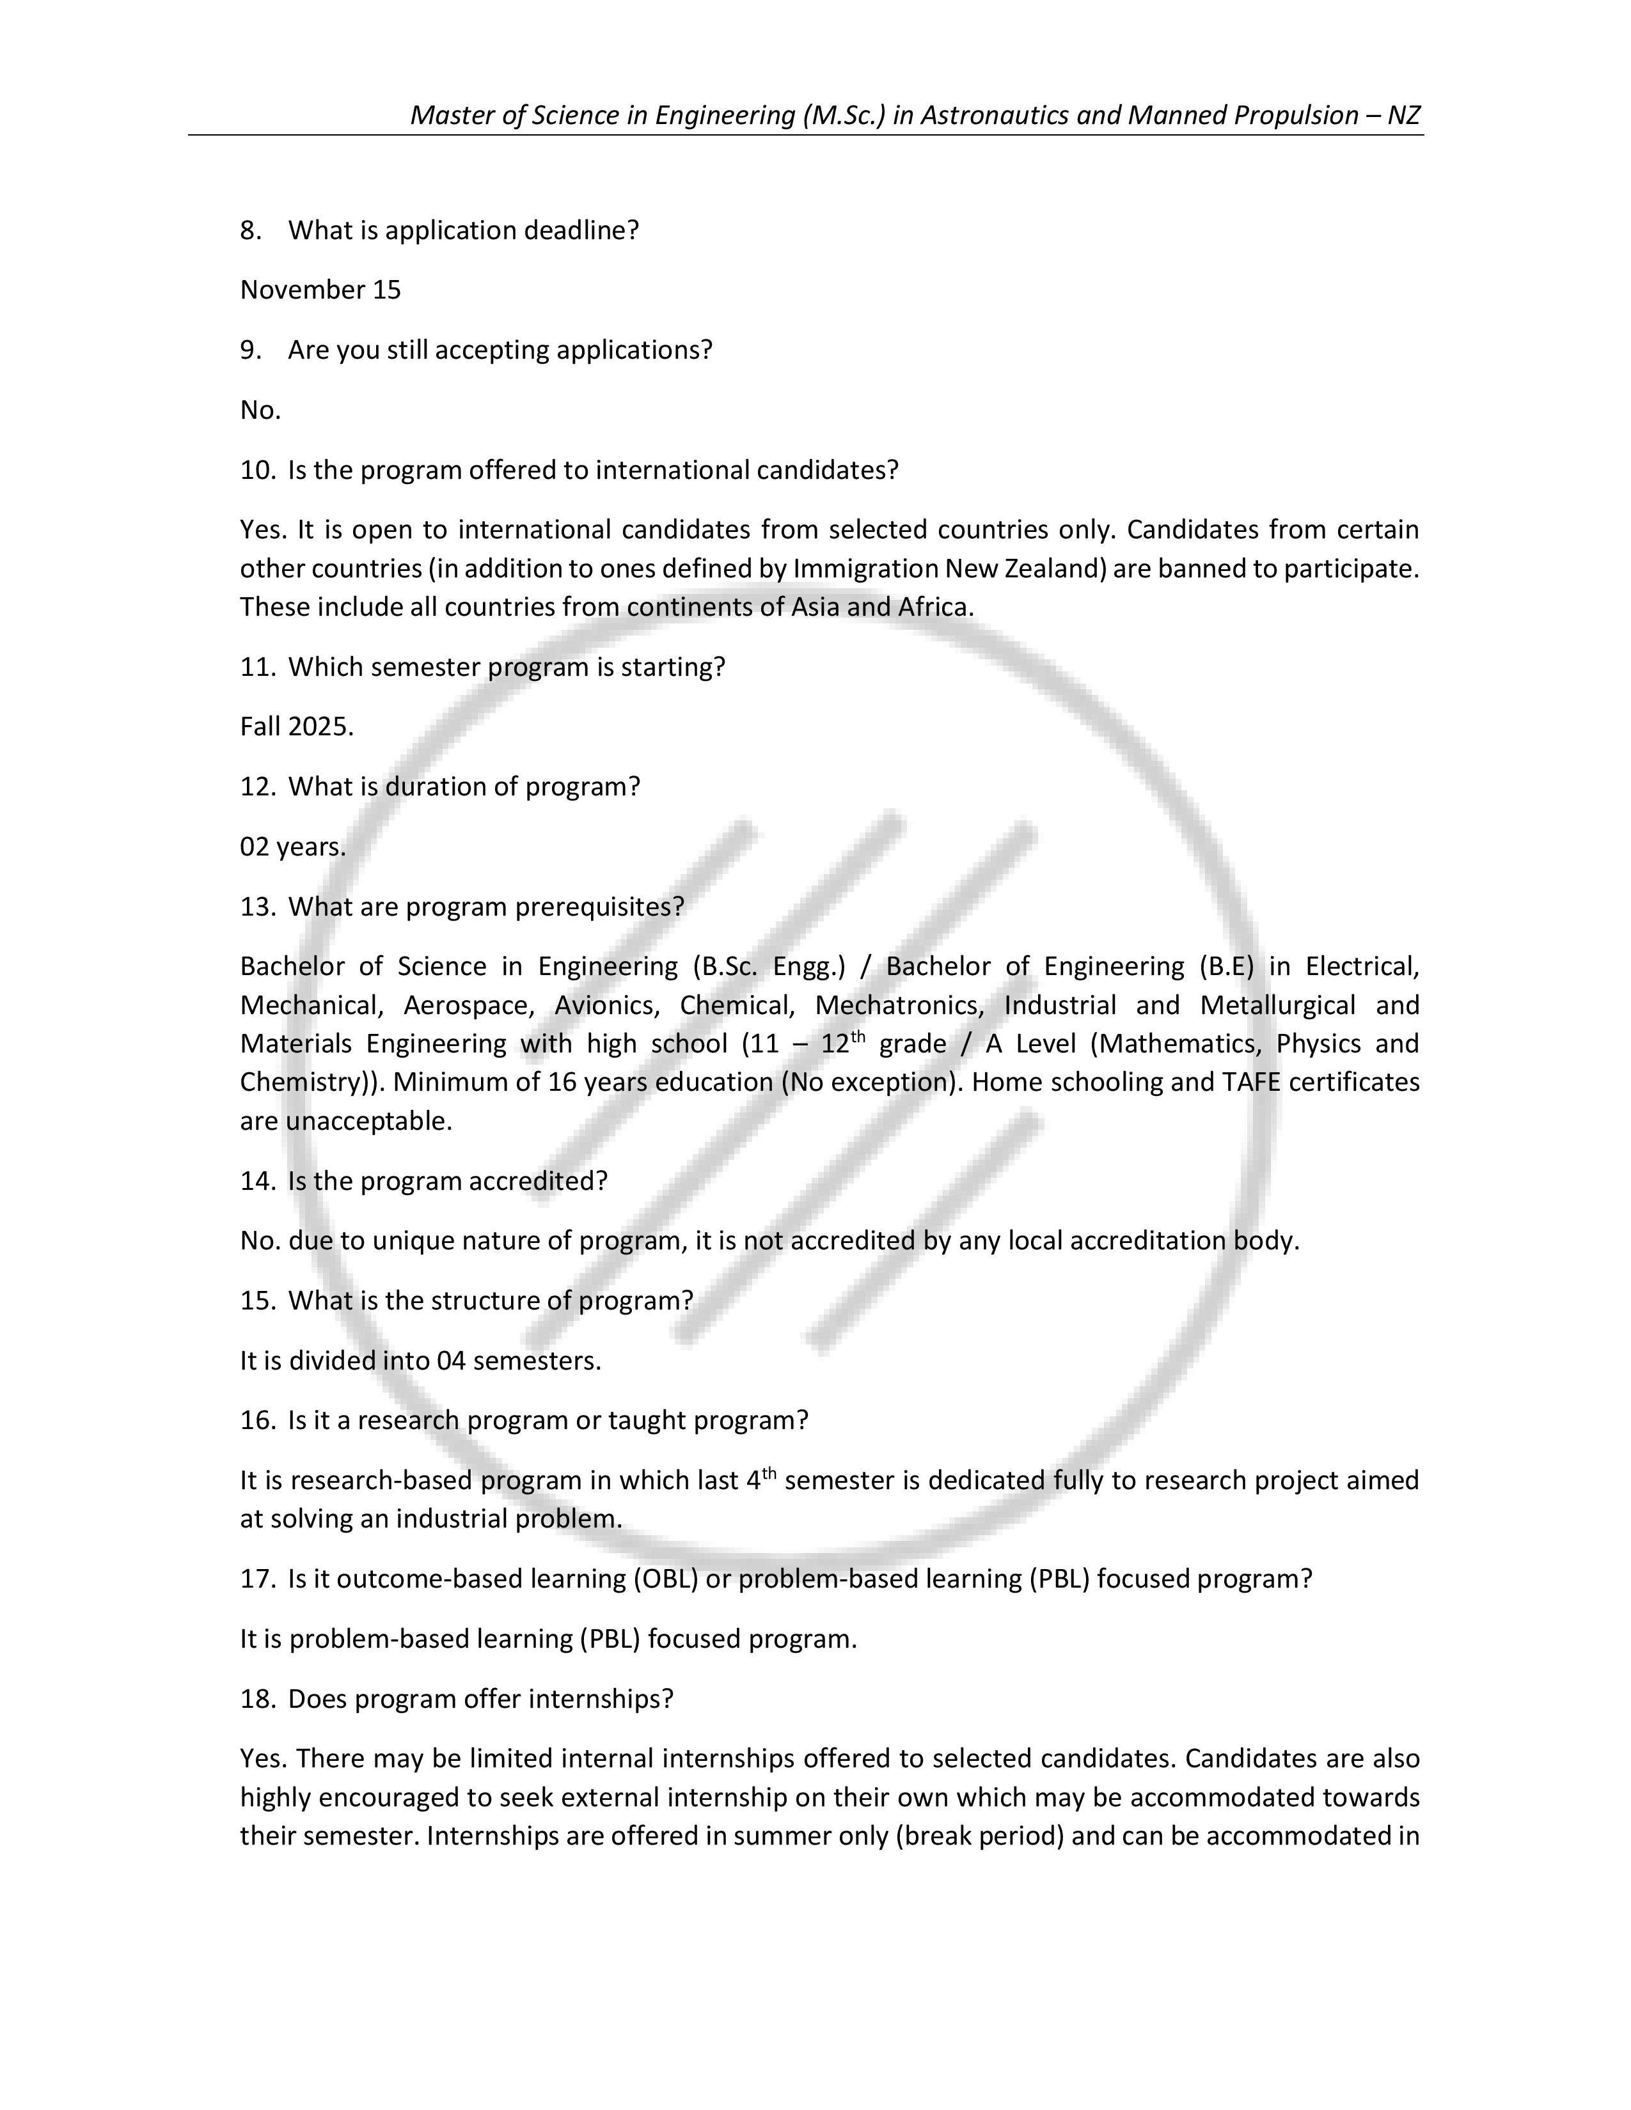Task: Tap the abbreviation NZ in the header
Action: click(x=1403, y=115)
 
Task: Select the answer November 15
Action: click(x=320, y=290)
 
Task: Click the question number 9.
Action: click(x=250, y=350)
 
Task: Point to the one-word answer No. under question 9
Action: click(x=260, y=410)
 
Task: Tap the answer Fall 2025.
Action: click(x=297, y=726)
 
